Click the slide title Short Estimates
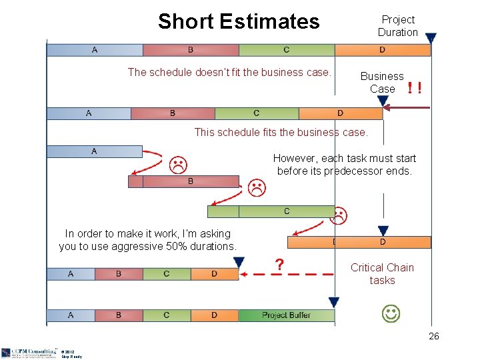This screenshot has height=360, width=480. point(239,21)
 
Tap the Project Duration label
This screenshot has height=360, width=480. point(398,26)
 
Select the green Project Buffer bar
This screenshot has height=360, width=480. point(286,315)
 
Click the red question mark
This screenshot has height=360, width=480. point(281,265)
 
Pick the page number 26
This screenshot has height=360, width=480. point(433,337)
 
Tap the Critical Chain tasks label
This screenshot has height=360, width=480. point(382,273)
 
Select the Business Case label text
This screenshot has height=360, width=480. point(382,82)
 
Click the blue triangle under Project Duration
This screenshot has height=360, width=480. point(431,39)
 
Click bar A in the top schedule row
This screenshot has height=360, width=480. point(95,50)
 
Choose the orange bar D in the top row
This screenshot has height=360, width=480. point(382,50)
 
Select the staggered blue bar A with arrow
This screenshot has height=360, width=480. point(94,151)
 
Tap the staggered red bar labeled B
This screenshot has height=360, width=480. point(190,181)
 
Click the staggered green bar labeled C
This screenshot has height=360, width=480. point(287,211)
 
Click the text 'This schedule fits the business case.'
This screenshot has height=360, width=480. point(281,132)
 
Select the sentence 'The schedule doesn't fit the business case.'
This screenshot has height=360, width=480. point(229,72)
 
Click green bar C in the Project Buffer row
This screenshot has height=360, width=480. point(167,315)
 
